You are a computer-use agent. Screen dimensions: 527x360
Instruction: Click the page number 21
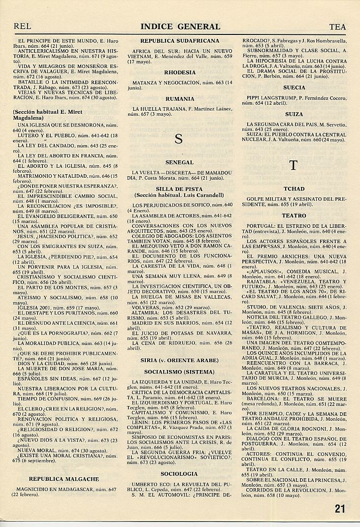click(340, 509)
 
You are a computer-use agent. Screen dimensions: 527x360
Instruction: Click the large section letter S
click(179, 139)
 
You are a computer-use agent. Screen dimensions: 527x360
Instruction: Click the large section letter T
click(294, 165)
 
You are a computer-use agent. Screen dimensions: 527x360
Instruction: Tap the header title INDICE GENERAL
click(180, 27)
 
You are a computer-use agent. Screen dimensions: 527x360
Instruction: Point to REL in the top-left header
click(23, 27)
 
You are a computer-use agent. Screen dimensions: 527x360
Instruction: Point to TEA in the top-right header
click(337, 27)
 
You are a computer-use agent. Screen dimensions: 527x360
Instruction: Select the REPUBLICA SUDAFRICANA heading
click(180, 41)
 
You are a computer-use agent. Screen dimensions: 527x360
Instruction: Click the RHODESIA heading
click(180, 72)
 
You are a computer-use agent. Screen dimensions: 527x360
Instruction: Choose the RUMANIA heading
click(180, 99)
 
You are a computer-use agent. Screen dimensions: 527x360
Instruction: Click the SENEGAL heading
click(180, 162)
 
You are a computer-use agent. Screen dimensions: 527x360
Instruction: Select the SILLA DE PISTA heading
click(180, 189)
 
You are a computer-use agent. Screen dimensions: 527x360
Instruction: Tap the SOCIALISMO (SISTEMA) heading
click(180, 372)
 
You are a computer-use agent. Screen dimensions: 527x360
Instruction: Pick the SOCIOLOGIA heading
click(180, 473)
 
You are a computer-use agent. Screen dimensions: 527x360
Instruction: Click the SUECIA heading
click(294, 88)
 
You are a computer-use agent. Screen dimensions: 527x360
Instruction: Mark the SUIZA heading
click(294, 114)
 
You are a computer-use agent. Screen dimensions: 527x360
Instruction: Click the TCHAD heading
click(294, 189)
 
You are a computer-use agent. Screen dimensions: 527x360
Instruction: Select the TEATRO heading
click(294, 216)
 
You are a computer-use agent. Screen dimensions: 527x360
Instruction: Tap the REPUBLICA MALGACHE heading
click(64, 479)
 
